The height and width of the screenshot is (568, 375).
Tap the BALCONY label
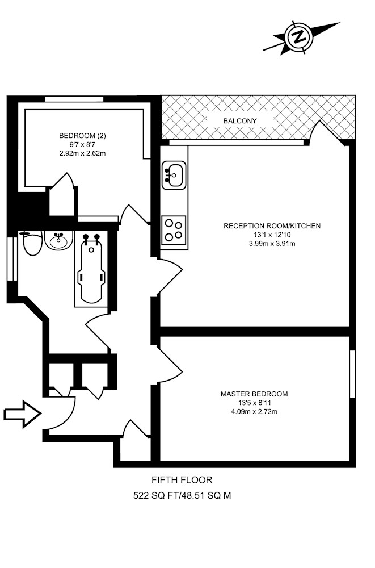coord(240,121)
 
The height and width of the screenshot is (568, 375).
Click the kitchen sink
coord(174,176)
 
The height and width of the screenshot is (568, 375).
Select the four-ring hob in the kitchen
coord(174,231)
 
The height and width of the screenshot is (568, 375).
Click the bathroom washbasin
coord(58,240)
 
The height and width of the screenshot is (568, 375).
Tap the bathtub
coord(92,269)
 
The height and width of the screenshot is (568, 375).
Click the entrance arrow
coord(22,414)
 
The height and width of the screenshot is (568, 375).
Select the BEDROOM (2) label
coord(82,136)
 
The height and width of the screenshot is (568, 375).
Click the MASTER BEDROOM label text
coord(255,394)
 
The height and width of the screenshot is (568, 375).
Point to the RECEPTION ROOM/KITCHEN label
coord(272,226)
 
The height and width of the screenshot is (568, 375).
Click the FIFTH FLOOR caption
coord(182,480)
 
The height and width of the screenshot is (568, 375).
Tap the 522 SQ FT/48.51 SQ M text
coord(182,495)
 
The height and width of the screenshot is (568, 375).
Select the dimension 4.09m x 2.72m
coord(254,411)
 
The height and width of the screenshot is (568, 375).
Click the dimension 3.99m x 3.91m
coord(272,244)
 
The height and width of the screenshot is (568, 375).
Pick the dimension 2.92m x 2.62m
coord(82,153)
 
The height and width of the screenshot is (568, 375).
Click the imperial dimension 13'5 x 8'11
coord(255,403)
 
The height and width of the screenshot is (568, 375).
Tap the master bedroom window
coord(352,374)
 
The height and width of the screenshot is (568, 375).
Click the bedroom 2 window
coord(74,99)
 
